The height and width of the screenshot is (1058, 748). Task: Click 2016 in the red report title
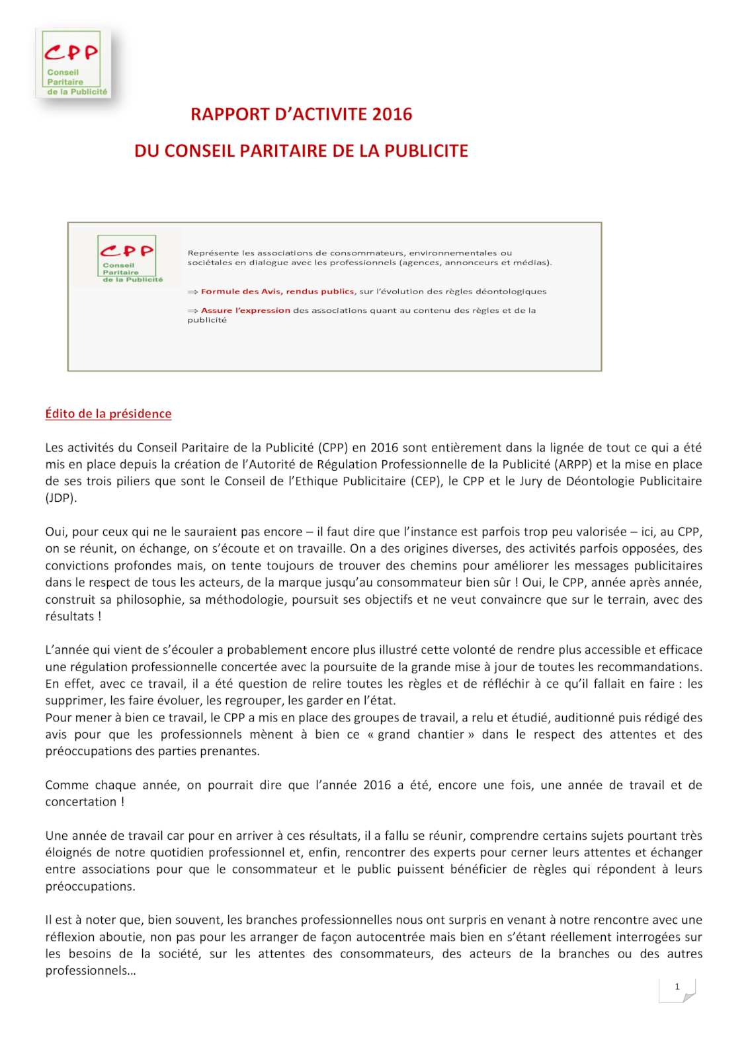point(392,114)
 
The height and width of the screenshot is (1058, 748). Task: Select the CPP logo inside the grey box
point(127,259)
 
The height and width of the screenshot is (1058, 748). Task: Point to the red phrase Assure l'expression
point(245,311)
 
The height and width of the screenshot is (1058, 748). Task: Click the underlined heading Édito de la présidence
point(108,414)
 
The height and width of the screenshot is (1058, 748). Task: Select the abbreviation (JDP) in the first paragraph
point(61,498)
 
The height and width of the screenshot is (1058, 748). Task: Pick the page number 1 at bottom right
point(677,987)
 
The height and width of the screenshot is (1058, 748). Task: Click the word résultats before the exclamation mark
point(69,616)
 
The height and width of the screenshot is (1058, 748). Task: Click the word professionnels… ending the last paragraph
point(91,971)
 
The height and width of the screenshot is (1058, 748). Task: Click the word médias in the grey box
point(531,263)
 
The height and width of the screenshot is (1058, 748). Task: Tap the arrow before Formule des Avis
point(192,292)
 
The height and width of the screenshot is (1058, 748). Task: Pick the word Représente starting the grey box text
point(209,253)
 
